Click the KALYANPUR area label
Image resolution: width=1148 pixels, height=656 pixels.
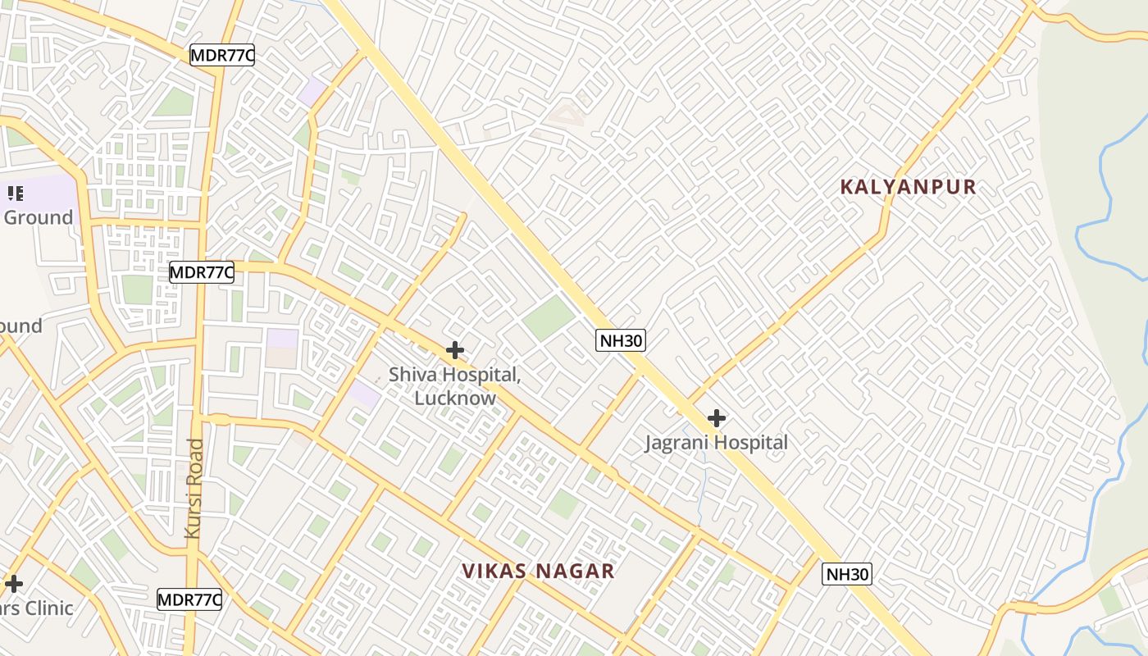click(908, 187)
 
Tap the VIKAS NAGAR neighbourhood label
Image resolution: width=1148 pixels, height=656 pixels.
click(538, 572)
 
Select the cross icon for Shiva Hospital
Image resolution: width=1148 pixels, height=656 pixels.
click(455, 351)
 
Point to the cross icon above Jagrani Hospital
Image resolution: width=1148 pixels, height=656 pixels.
click(717, 418)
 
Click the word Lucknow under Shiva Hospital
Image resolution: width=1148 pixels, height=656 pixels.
click(455, 399)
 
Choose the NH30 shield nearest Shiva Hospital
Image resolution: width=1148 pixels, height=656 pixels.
click(621, 340)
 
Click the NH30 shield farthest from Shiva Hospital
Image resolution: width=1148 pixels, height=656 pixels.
click(847, 574)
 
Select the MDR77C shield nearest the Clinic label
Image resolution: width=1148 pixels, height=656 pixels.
click(189, 599)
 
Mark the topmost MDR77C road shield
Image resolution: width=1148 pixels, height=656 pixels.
click(222, 56)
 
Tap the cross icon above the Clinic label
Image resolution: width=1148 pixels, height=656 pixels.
click(14, 585)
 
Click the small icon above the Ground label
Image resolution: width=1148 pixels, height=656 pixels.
click(16, 194)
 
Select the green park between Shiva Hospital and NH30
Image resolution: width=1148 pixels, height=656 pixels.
click(549, 317)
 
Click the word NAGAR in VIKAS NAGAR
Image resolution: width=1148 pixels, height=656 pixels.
click(577, 572)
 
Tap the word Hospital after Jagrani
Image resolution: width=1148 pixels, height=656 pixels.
click(747, 443)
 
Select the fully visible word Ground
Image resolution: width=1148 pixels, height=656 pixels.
click(39, 217)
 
